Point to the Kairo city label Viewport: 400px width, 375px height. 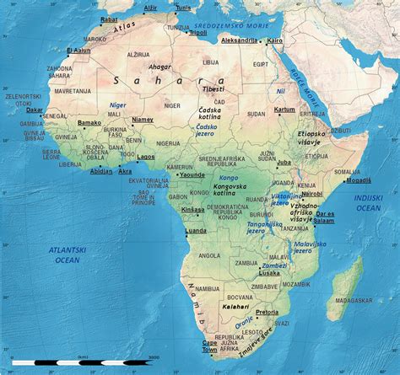274,40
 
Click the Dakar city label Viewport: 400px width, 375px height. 35,109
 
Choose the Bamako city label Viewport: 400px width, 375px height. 89,123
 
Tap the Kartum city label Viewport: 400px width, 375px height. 285,109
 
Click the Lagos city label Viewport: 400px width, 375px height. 145,156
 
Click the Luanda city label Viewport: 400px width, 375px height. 195,230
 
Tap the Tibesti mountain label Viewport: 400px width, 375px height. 213,88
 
